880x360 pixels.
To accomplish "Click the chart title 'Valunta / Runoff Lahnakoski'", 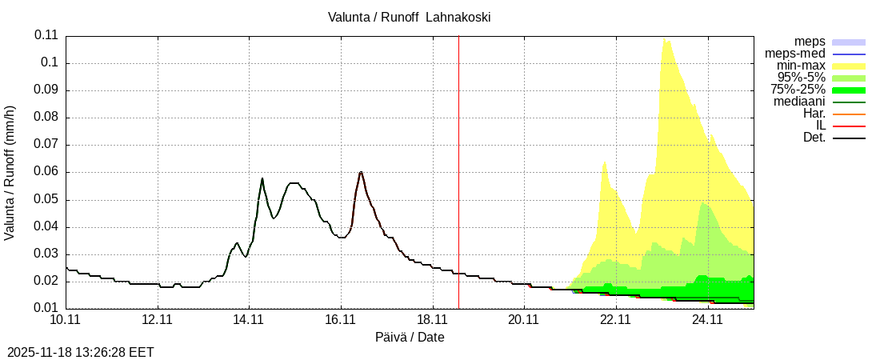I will click(x=409, y=18).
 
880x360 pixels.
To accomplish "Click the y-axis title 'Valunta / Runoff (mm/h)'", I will click(x=10, y=173).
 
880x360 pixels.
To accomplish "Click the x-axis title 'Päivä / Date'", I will click(x=410, y=338).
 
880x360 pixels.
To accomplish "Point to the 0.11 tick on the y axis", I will click(x=46, y=35).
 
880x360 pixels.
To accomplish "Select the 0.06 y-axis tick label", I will click(x=46, y=172).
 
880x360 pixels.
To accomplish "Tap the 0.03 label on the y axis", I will click(x=46, y=254).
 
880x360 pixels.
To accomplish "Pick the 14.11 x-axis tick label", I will click(x=250, y=320).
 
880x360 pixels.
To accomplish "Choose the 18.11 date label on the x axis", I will click(x=433, y=320).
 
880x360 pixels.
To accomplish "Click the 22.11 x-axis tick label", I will click(x=616, y=320).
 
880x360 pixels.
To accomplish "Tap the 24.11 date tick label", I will click(x=708, y=320).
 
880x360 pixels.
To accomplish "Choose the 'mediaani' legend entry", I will click(x=799, y=102).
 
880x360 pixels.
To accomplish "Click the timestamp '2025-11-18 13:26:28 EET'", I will click(x=81, y=352).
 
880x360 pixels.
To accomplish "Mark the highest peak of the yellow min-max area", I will click(x=664, y=38).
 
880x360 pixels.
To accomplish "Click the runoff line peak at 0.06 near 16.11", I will click(x=361, y=172).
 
